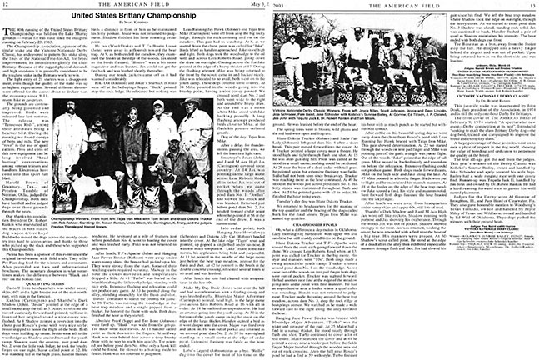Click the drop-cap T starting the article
point(12,35)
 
